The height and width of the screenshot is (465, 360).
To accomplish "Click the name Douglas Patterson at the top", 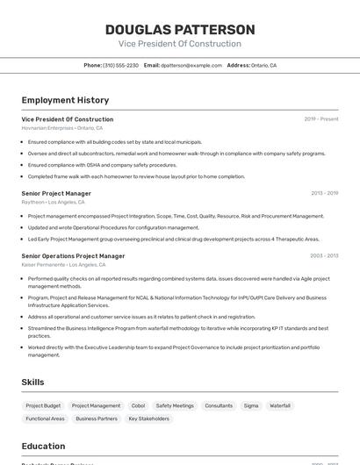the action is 179,29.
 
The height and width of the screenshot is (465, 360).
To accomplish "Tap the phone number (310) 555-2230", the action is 120,65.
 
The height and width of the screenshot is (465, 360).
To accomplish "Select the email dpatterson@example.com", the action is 191,65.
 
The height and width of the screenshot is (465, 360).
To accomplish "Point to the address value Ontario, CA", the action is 263,65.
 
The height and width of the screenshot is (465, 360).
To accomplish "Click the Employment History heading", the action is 65,100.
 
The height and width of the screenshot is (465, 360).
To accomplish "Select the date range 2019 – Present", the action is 320,119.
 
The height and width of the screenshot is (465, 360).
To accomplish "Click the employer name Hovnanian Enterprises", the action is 47,127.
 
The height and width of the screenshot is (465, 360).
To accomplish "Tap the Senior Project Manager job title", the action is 56,193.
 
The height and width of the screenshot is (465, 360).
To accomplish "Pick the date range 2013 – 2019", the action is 324,193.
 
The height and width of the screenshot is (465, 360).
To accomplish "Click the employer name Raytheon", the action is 34,202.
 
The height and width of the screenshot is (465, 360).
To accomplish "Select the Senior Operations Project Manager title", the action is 73,256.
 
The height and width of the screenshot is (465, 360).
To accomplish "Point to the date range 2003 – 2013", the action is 324,256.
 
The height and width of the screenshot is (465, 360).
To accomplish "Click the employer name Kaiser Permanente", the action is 41,264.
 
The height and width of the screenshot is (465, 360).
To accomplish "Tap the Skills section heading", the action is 33,383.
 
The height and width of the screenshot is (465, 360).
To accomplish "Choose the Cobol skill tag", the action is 138,406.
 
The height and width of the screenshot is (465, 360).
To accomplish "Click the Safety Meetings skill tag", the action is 175,406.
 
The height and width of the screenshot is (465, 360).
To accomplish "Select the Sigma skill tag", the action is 251,406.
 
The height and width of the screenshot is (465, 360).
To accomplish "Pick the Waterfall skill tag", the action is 280,406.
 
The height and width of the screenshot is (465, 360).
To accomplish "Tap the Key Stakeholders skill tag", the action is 148,419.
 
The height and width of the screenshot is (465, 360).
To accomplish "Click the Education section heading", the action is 43,446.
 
